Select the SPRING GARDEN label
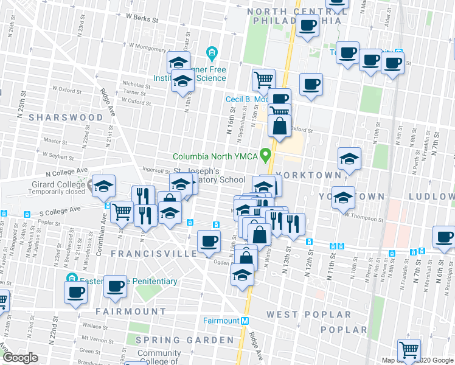(x=184, y=339)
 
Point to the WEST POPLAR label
(x=308, y=315)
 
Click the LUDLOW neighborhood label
(x=431, y=196)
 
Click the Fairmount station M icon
(x=245, y=321)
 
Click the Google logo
(x=19, y=358)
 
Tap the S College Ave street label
(x=60, y=210)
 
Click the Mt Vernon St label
(x=97, y=338)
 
